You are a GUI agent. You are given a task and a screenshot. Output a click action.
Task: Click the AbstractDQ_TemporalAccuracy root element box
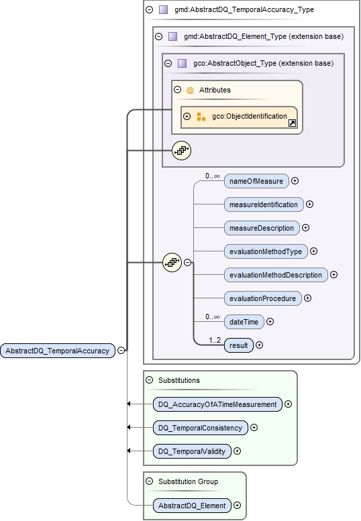[57, 350]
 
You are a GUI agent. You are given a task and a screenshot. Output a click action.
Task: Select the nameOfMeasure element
[256, 180]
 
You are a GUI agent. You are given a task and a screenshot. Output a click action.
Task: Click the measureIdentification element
[264, 204]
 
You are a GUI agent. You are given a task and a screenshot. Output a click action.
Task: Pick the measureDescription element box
[262, 228]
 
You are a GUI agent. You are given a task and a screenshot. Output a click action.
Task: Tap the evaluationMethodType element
[265, 251]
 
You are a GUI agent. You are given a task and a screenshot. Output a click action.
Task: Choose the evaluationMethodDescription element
[275, 275]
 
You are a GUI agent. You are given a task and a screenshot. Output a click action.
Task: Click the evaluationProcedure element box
[262, 298]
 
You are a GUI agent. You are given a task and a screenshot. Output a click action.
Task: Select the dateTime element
[244, 322]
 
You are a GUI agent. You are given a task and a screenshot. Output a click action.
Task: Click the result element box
[239, 345]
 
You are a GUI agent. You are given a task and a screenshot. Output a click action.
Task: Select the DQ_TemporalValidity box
[192, 451]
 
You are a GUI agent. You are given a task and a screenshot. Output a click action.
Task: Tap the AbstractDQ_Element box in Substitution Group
[192, 506]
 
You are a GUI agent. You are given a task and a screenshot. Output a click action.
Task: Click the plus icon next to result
[260, 345]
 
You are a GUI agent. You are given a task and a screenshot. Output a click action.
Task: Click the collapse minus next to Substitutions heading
[149, 380]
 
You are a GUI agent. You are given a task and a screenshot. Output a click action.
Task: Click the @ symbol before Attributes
[190, 90]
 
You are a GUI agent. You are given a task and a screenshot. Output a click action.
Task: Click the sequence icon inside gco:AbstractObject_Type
[181, 150]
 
